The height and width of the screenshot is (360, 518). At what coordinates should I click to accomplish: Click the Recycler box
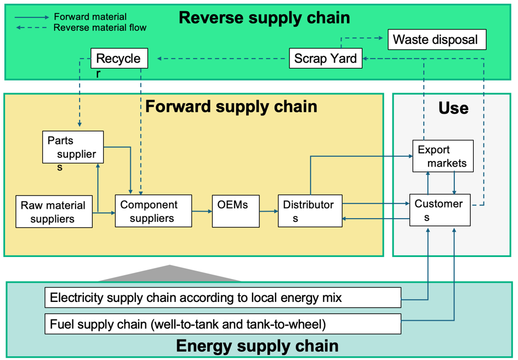119,59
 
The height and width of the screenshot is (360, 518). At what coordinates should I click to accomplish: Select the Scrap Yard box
326,59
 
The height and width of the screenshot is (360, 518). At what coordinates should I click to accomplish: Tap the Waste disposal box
437,39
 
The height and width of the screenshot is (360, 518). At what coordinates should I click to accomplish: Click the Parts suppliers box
73,147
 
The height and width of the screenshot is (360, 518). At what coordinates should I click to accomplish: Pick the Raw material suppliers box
54,212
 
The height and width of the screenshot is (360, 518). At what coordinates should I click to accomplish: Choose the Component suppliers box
153,211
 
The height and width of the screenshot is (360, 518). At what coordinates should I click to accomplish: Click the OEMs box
236,211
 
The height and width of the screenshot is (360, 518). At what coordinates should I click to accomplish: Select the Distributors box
310,211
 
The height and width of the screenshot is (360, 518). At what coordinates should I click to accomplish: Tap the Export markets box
443,156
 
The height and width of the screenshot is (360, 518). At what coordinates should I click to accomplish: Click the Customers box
440,210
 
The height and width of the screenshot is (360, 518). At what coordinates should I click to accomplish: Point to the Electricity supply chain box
223,298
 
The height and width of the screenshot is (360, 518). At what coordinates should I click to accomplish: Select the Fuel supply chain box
223,324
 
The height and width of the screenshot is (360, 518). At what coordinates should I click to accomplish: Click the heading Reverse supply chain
264,18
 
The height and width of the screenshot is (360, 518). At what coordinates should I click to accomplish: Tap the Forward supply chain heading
231,107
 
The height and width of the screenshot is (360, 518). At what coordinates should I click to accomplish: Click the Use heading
453,108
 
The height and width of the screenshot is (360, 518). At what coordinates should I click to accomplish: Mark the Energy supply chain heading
257,346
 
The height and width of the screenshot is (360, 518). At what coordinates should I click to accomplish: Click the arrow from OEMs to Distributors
269,211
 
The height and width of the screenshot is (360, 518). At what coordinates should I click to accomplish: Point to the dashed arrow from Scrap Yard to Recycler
221,59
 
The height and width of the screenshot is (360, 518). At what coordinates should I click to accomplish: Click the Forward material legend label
90,17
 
